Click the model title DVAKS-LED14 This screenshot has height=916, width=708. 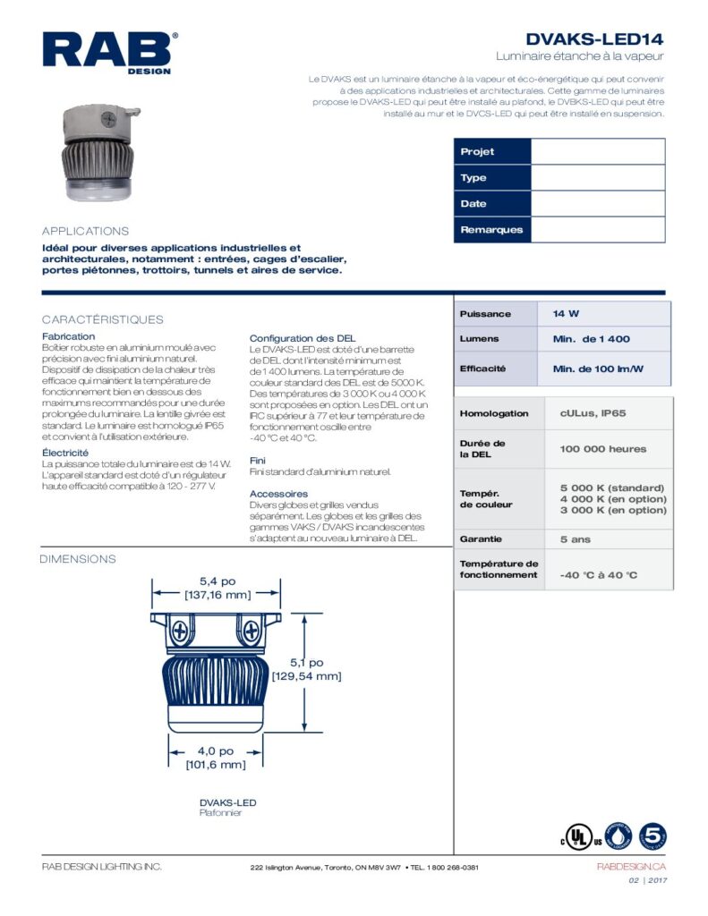pos(594,39)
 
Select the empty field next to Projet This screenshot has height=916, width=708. pos(598,152)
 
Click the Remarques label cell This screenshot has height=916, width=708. pos(491,230)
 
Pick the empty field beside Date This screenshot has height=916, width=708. pos(598,204)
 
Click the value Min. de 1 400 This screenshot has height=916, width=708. pos(591,339)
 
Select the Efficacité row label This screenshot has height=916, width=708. pos(482,369)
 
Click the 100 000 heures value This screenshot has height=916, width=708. pos(602,449)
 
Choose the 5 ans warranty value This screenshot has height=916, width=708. pos(576,539)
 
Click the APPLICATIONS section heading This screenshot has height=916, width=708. pos(86,231)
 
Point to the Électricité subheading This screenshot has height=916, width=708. pos(65,454)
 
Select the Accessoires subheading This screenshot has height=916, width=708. pos(278,494)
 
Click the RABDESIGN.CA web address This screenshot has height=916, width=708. pos(631,867)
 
